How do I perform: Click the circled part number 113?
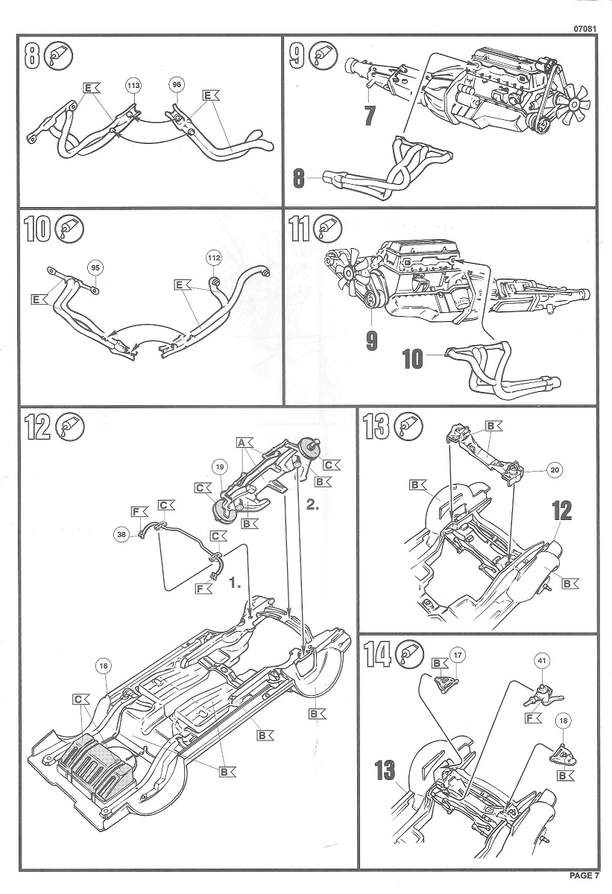pos(133,86)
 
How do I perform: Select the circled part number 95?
pos(94,267)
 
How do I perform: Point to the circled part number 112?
pos(214,259)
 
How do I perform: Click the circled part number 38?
pos(121,533)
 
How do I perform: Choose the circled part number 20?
pos(553,470)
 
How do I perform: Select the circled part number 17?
pos(458,655)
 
